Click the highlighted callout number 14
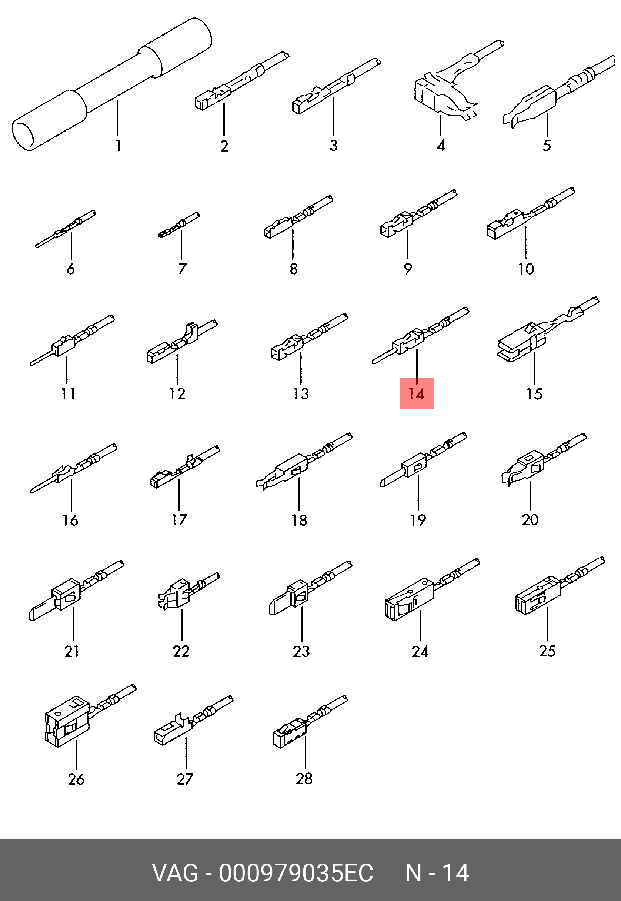(416, 393)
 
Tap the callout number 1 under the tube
(118, 146)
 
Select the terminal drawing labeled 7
(179, 225)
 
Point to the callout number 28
(304, 779)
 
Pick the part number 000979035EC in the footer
(296, 873)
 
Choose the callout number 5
(547, 146)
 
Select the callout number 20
(530, 519)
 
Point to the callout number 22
(181, 651)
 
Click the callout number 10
(526, 269)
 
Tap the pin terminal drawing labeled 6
(66, 229)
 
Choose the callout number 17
(179, 519)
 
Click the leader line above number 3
(333, 116)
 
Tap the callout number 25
(547, 651)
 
